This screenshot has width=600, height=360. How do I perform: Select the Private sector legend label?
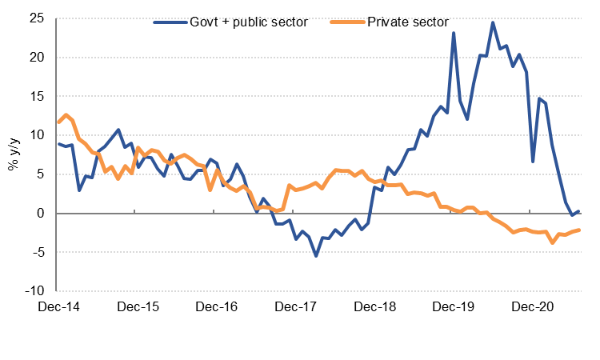coord(408,22)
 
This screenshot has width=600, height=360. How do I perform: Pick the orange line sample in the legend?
coord(346,22)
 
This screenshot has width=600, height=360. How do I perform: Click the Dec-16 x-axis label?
coord(216,306)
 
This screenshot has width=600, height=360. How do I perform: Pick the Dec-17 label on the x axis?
coord(295,306)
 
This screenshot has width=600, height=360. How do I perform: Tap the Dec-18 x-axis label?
coord(374,306)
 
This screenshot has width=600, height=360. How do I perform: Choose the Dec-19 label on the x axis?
coord(454,306)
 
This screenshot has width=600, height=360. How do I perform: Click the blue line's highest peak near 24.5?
coord(493,22)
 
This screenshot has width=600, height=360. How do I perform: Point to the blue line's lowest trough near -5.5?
coord(316,255)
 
